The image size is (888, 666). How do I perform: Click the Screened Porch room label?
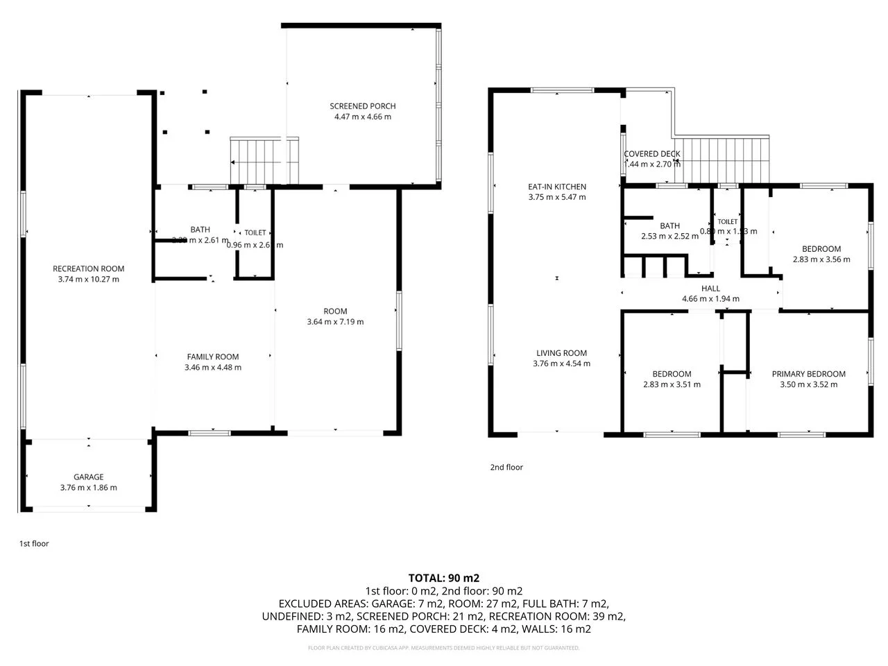(x=362, y=106)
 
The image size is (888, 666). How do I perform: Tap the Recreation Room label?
(x=88, y=269)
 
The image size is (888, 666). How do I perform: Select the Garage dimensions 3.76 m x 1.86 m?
(x=88, y=488)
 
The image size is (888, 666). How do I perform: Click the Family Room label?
(x=213, y=357)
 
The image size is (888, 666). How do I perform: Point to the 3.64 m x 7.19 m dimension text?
(x=335, y=322)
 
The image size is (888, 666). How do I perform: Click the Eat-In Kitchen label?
(x=557, y=187)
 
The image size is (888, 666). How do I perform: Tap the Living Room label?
(x=561, y=353)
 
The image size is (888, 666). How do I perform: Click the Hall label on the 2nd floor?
(x=710, y=289)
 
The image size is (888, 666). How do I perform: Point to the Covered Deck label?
(x=651, y=154)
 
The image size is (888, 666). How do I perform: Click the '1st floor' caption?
(x=34, y=544)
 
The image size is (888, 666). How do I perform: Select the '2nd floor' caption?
(x=506, y=468)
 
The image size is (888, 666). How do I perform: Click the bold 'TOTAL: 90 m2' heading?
(x=444, y=578)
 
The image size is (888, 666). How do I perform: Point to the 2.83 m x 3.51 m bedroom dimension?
(x=672, y=384)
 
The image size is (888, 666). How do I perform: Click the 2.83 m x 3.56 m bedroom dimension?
(x=821, y=259)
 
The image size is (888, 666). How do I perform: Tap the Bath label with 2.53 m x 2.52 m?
(x=669, y=225)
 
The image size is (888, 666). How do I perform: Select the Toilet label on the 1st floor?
(x=255, y=233)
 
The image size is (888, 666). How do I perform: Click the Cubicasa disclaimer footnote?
(x=444, y=648)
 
